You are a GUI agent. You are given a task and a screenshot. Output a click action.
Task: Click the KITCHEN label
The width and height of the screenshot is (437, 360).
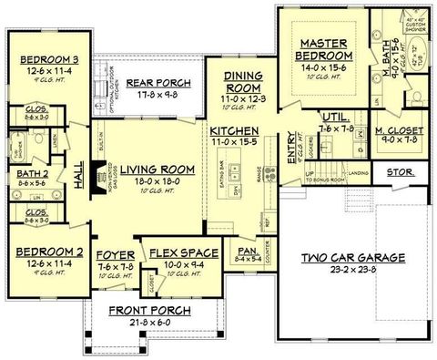pyautogui.click(x=234, y=130)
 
